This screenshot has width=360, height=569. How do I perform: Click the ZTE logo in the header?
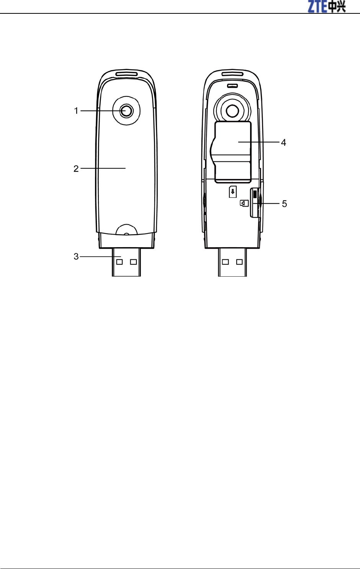(x=327, y=7)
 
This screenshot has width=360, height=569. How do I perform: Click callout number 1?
(x=76, y=111)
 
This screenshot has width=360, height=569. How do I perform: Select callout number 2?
(x=76, y=168)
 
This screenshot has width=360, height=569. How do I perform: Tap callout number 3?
(x=76, y=256)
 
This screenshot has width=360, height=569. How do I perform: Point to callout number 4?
(x=283, y=142)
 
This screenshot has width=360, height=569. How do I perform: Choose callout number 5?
(x=284, y=204)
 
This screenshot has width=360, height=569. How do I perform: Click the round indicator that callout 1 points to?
(x=126, y=111)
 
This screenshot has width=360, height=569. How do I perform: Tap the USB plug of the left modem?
(x=126, y=262)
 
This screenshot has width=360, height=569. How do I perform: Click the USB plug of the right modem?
(x=232, y=262)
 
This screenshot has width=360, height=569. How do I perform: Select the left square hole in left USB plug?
(x=119, y=262)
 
